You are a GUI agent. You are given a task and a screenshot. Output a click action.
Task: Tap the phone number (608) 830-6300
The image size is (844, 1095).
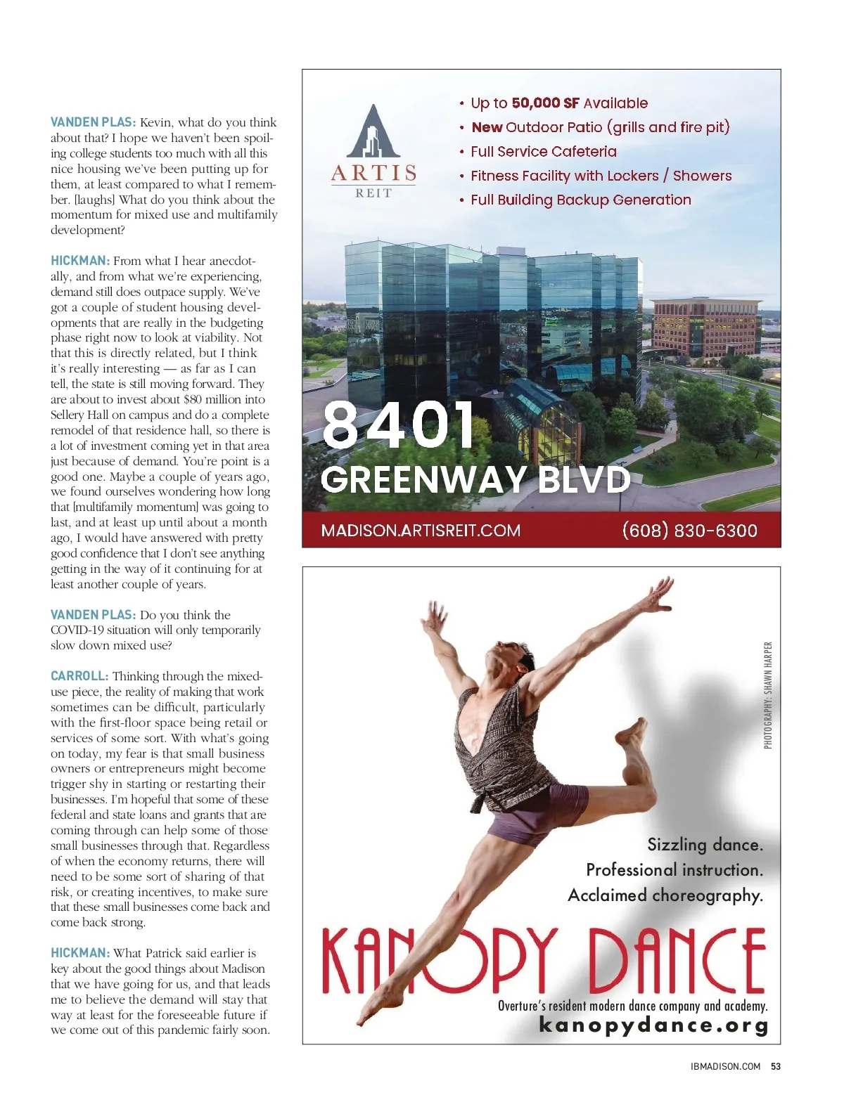click(x=689, y=530)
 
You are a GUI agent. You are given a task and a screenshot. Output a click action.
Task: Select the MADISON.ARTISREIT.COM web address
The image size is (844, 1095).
click(x=421, y=530)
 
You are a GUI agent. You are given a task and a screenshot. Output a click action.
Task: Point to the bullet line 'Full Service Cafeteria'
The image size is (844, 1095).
click(x=543, y=152)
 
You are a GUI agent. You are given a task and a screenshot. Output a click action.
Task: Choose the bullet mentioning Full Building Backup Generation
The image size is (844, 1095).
click(x=580, y=200)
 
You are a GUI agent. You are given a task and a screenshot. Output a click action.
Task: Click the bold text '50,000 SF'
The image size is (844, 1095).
click(x=545, y=103)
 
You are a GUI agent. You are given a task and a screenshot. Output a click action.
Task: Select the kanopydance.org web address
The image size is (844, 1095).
click(x=653, y=1025)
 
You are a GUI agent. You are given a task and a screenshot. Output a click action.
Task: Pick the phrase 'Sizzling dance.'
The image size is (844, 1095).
click(x=705, y=845)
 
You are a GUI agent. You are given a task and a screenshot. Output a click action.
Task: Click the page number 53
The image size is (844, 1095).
click(x=776, y=1066)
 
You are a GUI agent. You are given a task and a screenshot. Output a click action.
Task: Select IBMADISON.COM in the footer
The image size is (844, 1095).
click(x=725, y=1066)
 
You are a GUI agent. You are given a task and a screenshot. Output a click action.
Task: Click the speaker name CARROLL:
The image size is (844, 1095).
click(x=79, y=676)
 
